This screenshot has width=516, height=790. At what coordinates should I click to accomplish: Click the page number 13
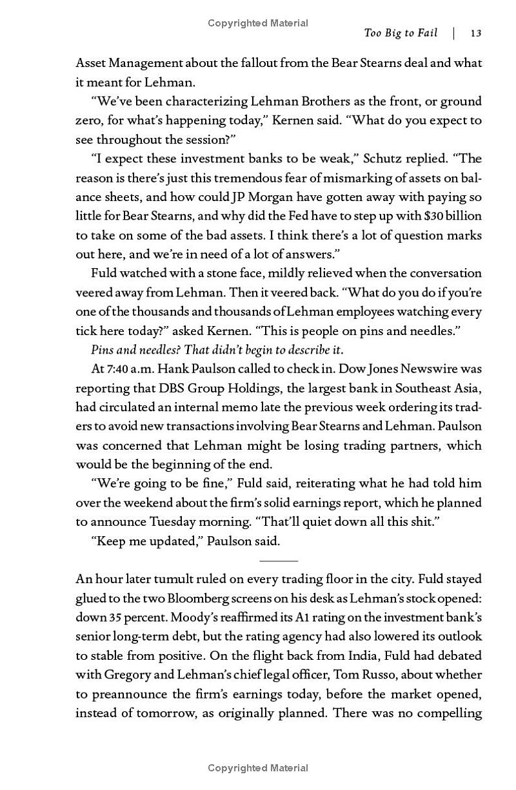click(476, 34)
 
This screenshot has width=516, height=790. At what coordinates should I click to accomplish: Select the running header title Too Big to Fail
click(400, 34)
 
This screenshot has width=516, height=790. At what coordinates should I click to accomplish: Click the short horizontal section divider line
click(279, 561)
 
